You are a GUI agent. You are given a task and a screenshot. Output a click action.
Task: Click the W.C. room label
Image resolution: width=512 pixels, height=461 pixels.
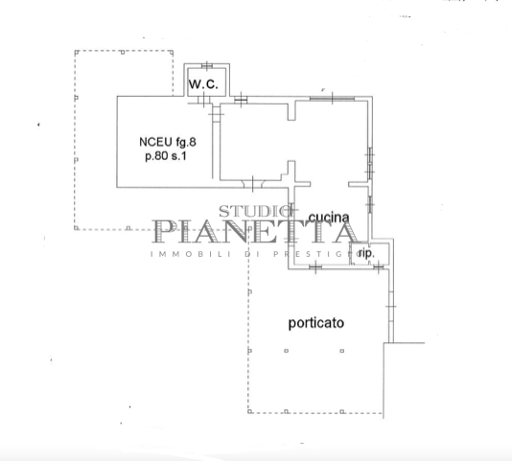click(x=203, y=84)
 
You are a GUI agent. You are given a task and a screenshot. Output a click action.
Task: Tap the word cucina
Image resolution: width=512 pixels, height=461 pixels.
click(x=329, y=218)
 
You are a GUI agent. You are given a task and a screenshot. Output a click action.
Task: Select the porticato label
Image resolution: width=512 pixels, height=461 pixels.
click(x=316, y=323)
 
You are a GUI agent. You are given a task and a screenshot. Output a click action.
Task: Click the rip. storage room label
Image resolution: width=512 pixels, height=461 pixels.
click(x=366, y=253)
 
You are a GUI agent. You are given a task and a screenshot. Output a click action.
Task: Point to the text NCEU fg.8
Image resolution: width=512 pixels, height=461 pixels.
click(x=168, y=142)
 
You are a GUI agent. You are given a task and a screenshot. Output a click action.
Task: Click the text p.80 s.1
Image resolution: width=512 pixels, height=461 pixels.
click(x=166, y=156)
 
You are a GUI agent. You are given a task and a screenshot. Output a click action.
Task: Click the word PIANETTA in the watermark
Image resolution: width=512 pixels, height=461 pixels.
click(x=255, y=232)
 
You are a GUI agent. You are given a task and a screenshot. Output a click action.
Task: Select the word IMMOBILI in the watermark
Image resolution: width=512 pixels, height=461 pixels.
click(x=191, y=254)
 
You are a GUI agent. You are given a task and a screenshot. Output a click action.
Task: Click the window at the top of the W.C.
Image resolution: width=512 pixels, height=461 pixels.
click(x=207, y=66)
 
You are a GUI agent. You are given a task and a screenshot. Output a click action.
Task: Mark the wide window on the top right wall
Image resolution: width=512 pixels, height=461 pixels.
click(x=332, y=98)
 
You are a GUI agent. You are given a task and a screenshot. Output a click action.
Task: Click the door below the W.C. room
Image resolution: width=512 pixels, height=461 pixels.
click(x=203, y=99)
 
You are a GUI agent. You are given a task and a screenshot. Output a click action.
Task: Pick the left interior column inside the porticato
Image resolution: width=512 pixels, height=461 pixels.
click(x=287, y=351)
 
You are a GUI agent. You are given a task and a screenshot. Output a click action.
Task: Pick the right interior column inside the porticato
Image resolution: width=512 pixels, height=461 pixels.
click(x=342, y=351)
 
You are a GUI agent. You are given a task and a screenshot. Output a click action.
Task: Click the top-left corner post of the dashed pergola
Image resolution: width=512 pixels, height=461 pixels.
click(x=77, y=53)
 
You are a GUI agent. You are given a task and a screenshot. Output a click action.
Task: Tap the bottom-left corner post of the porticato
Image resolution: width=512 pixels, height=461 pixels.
click(x=250, y=411)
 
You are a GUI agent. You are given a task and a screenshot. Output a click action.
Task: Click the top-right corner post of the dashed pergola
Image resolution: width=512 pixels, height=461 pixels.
click(x=171, y=53)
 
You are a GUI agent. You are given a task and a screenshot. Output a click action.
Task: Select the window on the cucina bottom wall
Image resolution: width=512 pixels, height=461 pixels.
click(x=315, y=267)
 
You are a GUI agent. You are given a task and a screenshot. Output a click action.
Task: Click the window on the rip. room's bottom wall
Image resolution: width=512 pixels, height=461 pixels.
click(x=378, y=267)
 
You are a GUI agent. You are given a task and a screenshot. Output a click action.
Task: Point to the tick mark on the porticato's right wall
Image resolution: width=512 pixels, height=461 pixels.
click(x=390, y=307)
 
